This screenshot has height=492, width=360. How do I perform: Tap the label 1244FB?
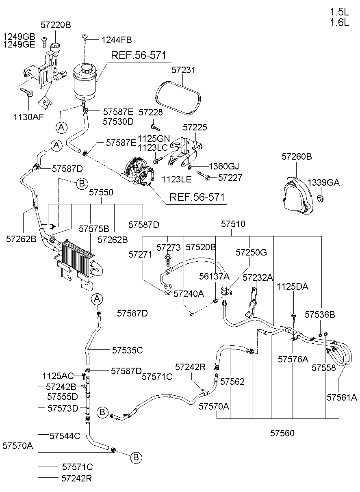pos(117,40)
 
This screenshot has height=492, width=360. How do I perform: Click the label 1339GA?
pos(323,183)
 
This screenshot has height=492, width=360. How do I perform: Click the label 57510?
pos(233,224)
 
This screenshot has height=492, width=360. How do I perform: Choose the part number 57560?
pos(282,433)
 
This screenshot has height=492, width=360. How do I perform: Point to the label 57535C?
pos(128,349)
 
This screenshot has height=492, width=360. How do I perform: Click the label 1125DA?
pos(292,287)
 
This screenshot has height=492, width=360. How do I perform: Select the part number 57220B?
pos(56,25)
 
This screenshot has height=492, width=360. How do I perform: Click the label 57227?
pos(230,178)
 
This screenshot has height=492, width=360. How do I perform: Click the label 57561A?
pos(342,397)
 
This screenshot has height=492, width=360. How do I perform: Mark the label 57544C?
pos(65,436)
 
